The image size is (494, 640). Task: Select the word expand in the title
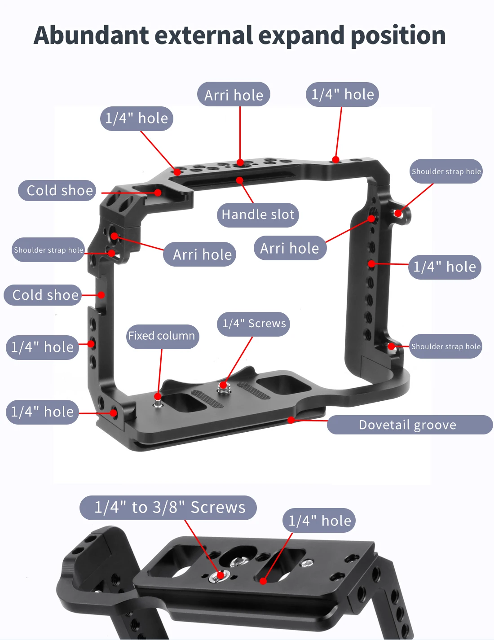(301, 36)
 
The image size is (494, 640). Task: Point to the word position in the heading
(398, 36)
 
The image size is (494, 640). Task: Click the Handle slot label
(258, 215)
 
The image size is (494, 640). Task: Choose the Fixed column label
(162, 336)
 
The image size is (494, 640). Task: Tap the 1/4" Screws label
(254, 324)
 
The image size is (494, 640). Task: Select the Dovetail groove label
(407, 425)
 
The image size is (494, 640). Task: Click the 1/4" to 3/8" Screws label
(169, 507)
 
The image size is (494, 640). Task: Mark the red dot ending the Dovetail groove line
(291, 420)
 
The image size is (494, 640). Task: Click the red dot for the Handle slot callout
(240, 180)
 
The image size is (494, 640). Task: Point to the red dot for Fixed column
(158, 397)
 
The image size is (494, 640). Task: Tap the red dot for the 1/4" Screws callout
(223, 385)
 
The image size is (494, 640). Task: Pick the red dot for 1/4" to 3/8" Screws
(221, 574)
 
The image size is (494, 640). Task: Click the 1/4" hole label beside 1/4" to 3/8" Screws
(319, 521)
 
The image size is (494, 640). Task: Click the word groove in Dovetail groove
(434, 425)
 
